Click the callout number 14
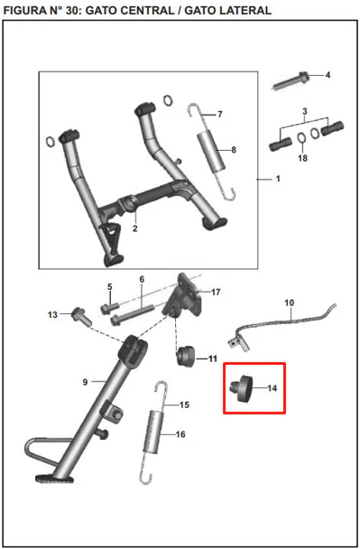tap(272, 388)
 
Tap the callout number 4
tap(328, 75)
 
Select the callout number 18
tap(302, 158)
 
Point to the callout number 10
tap(290, 302)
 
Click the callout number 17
tap(216, 292)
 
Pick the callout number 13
tap(52, 315)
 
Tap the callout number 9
tap(85, 382)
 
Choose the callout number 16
tap(180, 434)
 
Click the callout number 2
tap(135, 228)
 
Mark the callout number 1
tap(278, 179)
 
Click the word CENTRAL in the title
tap(129, 11)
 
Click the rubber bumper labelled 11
tap(186, 356)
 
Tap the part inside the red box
tap(242, 389)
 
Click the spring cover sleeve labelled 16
tap(153, 432)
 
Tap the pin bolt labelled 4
tap(291, 81)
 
